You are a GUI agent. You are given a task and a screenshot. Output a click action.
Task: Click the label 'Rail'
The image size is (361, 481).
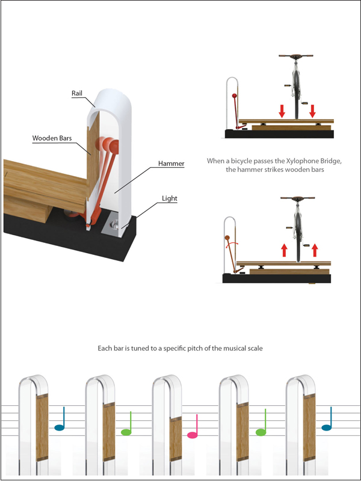coord(77,93)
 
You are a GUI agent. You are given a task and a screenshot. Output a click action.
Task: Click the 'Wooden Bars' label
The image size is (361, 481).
coord(52,138)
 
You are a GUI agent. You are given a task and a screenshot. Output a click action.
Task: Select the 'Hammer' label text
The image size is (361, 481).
coord(171,164)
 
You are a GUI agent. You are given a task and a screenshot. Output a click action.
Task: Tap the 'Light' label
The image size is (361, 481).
coord(170,198)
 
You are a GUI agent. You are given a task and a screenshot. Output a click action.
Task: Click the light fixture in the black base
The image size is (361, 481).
coord(114,226)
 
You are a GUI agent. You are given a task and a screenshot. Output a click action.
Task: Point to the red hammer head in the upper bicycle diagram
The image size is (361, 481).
coord(235,96)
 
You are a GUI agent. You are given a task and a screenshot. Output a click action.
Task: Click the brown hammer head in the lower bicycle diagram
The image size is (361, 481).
coord(227,237)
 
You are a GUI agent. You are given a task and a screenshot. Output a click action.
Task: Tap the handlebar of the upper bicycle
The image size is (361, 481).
coord(296,56)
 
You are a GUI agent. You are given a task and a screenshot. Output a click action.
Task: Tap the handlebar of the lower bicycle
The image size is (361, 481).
coord(297,198)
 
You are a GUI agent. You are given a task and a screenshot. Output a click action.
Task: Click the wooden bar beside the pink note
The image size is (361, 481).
coord(175,439)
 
